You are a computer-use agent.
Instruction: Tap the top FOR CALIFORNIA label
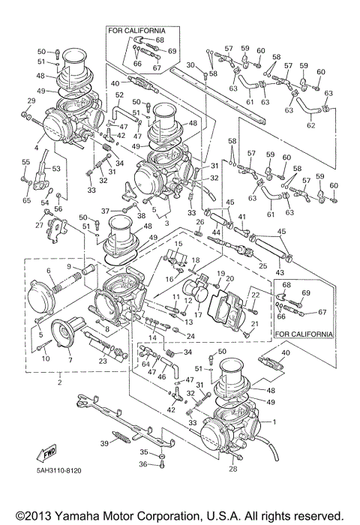click(x=137, y=31)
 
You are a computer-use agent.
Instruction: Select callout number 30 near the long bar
click(x=190, y=64)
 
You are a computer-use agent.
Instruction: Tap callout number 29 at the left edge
click(x=31, y=100)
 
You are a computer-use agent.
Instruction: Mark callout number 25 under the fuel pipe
click(x=263, y=266)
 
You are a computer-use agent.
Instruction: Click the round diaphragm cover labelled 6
click(x=43, y=297)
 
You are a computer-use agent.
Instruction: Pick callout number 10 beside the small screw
click(x=44, y=358)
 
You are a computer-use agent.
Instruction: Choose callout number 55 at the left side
click(x=26, y=162)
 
